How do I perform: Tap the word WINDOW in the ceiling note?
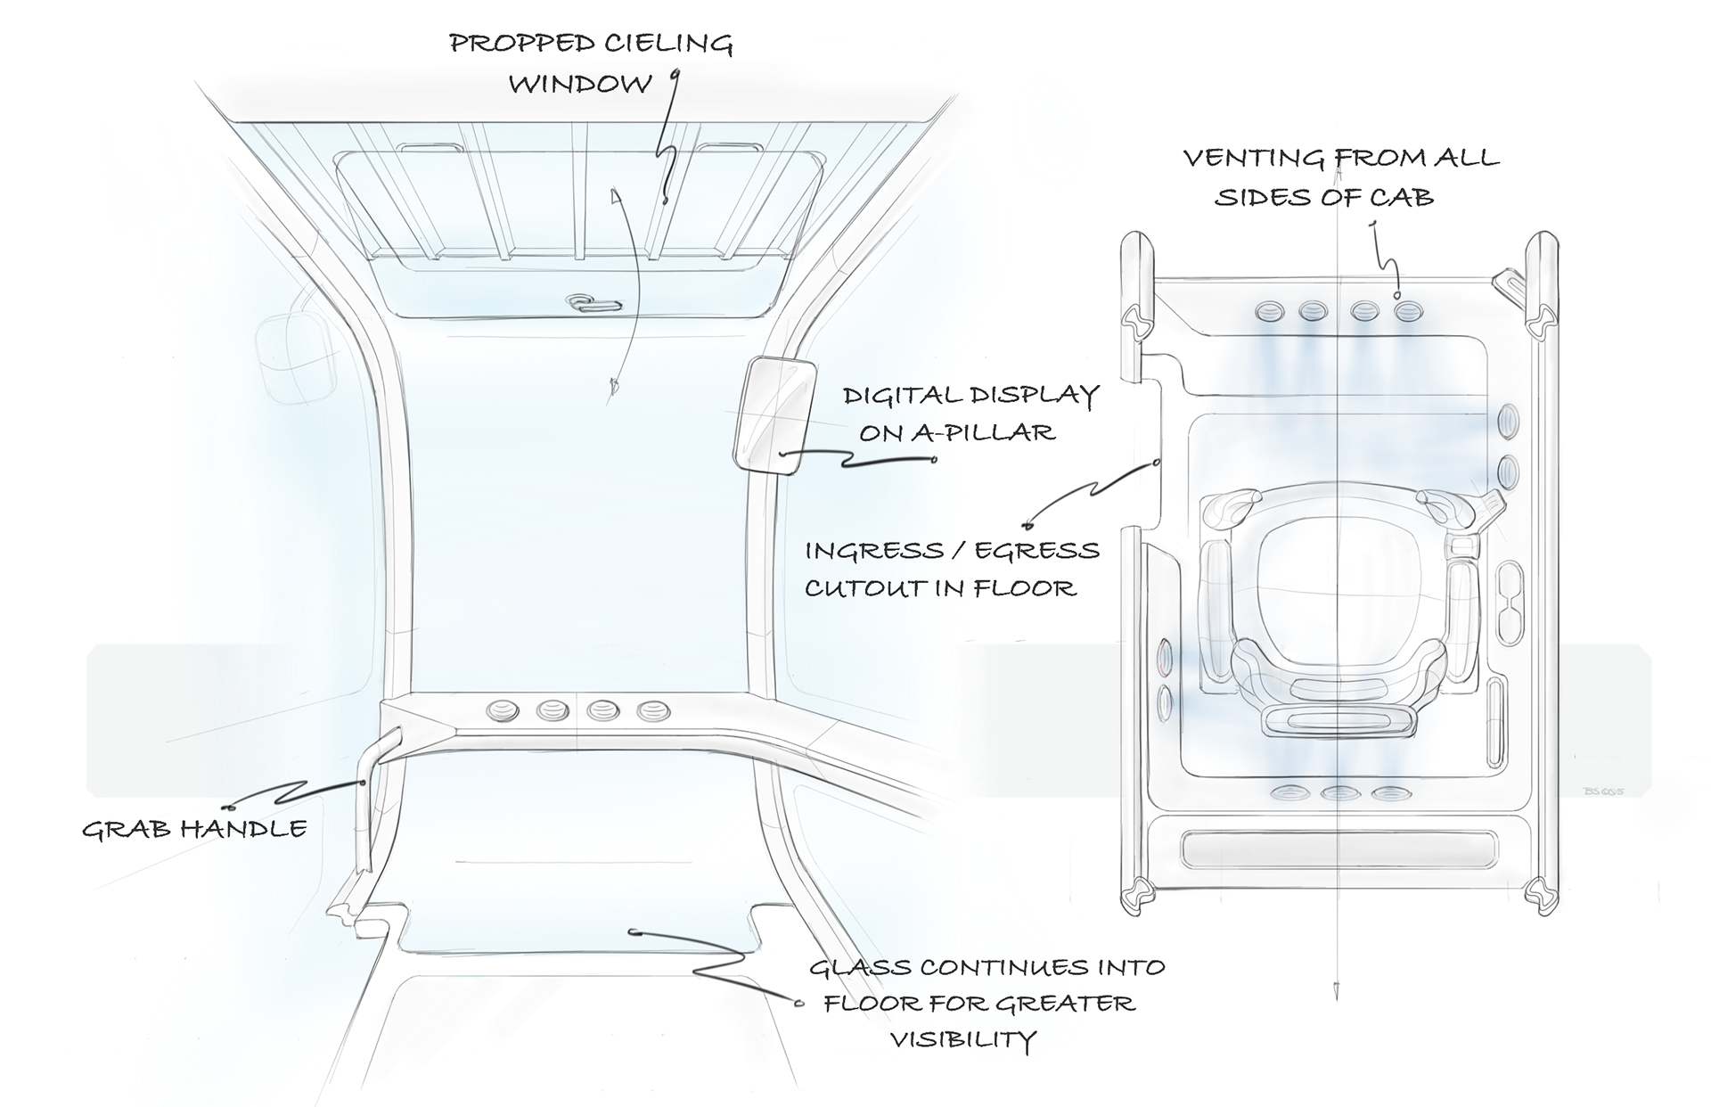pos(581,84)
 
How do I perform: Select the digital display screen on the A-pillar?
pos(773,414)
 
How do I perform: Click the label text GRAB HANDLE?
pos(194,829)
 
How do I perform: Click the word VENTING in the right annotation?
pos(1254,159)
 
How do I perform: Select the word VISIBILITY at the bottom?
pos(963,1039)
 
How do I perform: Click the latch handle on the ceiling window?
pos(592,303)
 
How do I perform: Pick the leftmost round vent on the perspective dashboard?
pos(502,711)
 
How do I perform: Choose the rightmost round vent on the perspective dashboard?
pos(654,711)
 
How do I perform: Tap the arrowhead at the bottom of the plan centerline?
pos(1337,989)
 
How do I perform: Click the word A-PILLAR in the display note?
pos(982,433)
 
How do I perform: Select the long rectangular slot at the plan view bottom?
pos(1339,849)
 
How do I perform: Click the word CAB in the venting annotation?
pos(1404,197)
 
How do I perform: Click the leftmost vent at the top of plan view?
pos(1269,312)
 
